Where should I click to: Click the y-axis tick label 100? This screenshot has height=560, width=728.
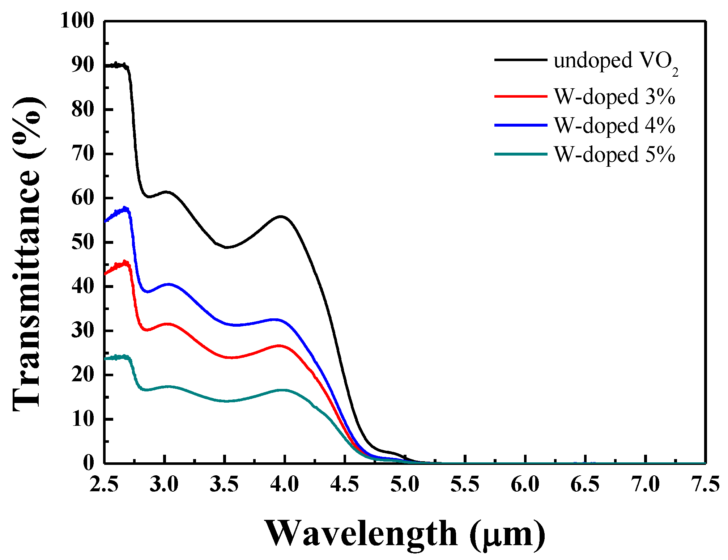point(77,21)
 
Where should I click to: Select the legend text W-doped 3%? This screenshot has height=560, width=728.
point(614,97)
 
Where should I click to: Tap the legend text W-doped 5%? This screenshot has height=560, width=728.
point(614,155)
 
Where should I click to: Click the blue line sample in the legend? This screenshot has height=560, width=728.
point(521,125)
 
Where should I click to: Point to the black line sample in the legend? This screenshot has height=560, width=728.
point(521,60)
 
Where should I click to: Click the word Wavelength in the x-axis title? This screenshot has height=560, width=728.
point(362,534)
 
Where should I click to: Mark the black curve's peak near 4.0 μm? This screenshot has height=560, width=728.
point(281,216)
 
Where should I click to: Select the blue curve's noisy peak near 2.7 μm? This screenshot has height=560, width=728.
point(125,208)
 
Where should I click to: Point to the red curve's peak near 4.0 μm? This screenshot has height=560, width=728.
point(279,345)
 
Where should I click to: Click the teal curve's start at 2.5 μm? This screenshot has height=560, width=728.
point(105,359)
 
